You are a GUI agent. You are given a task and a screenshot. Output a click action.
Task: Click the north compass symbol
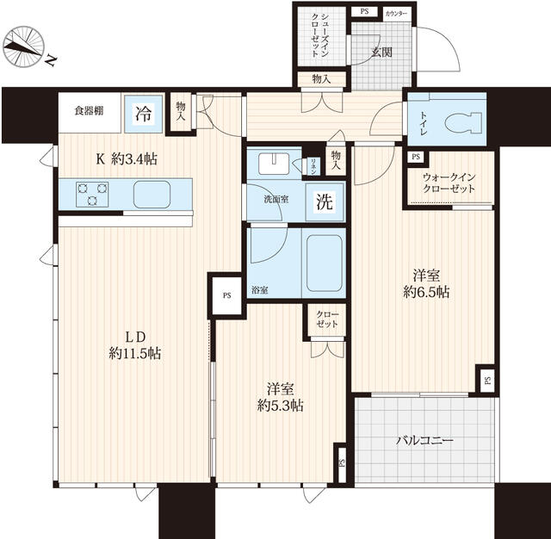coord(24,47)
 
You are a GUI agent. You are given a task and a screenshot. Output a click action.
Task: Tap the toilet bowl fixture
coord(463,123)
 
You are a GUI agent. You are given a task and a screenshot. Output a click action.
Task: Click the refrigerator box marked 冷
coord(144,114)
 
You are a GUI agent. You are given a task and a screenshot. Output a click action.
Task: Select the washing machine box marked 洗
coord(325,201)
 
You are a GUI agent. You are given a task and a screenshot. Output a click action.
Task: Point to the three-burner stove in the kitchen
coord(92,195)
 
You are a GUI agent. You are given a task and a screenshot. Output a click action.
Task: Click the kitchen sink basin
coord(152,195)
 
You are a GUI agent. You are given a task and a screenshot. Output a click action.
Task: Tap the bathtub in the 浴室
coord(325,263)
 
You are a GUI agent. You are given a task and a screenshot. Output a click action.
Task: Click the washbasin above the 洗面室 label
coord(274,164)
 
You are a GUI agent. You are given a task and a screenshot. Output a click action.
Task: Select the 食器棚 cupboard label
coord(89,111)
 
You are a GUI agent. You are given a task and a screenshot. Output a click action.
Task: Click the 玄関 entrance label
coord(382,53)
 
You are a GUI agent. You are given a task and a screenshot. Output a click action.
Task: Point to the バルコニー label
coord(424,440)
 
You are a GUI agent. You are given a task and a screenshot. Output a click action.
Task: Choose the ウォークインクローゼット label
coord(449,183)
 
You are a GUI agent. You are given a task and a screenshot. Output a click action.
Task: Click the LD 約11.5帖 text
coord(135,345)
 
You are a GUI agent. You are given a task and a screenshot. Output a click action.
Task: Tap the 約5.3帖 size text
coord(281,406)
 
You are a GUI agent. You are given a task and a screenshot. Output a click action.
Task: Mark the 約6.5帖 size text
coord(426,292)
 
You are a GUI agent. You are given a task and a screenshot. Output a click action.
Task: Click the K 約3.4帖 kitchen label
coord(127,159)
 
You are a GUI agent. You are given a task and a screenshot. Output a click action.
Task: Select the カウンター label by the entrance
coord(396,14)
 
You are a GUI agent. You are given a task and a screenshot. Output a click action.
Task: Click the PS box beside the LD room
coord(227,295)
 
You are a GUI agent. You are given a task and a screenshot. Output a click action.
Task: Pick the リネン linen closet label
coord(313,166)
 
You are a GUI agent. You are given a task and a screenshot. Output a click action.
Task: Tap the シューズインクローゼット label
coord(319,35)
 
